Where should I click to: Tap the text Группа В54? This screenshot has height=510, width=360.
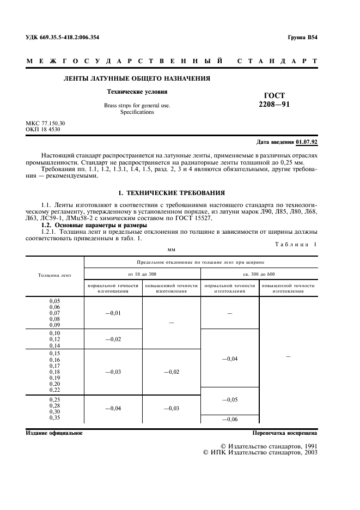click(302, 38)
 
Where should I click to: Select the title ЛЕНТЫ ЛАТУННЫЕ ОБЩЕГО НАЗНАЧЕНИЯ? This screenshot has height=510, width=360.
click(137, 79)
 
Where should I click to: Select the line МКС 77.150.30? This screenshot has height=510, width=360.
click(45, 124)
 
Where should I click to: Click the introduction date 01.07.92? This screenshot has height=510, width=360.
click(307, 142)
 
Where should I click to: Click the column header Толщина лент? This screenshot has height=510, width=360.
click(55, 275)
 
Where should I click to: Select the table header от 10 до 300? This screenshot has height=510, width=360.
click(142, 274)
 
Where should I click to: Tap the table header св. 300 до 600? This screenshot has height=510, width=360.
click(259, 274)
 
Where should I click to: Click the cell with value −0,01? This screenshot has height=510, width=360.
click(113, 313)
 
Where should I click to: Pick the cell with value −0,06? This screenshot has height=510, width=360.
click(230, 418)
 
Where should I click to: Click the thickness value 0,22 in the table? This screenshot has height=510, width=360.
click(55, 389)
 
